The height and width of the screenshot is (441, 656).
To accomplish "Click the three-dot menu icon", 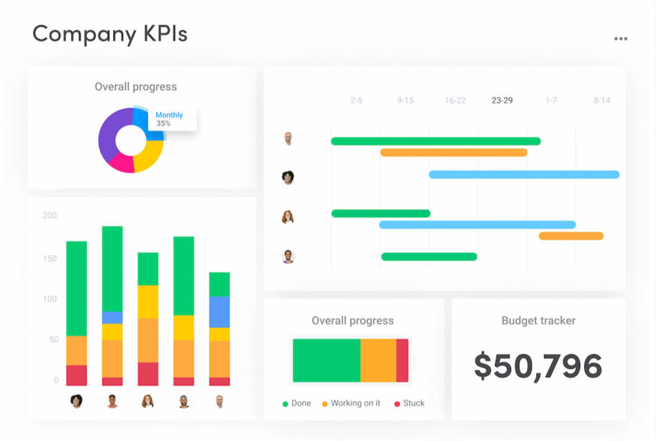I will click(621, 39).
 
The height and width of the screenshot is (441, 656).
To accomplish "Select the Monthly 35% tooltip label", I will click(169, 119).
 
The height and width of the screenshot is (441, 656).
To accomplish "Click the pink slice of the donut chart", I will click(121, 162).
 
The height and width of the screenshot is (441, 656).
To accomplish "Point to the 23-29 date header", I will click(502, 101).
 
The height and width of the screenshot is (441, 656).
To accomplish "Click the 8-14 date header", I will click(601, 101).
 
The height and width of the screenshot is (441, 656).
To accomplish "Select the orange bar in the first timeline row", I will click(453, 153).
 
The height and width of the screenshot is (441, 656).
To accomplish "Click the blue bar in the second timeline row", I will click(524, 175).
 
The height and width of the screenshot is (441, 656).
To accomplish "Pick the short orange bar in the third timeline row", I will click(571, 236).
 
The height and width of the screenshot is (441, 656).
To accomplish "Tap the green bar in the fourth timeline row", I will click(429, 256).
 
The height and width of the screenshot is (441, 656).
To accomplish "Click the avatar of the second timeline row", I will click(288, 177).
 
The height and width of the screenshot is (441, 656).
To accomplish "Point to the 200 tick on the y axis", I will click(50, 216).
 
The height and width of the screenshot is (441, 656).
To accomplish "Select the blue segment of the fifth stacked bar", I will click(220, 312).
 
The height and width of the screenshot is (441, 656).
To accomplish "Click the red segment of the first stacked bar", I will click(77, 375).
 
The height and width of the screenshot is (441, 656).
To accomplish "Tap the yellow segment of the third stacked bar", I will click(148, 301).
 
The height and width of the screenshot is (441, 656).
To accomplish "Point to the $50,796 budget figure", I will click(538, 366).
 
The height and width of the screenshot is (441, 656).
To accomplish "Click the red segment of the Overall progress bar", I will click(402, 360).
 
